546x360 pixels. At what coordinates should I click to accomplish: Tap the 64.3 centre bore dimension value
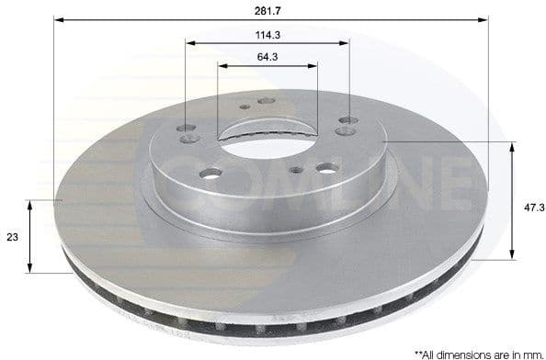[267, 57]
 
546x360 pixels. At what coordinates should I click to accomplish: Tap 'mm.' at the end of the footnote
[533, 352]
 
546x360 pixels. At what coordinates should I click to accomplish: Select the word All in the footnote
[434, 352]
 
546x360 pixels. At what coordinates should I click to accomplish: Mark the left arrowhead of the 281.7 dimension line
[57, 18]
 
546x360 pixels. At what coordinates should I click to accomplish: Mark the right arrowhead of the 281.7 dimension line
[484, 18]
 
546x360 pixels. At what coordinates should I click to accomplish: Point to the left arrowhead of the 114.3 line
[189, 42]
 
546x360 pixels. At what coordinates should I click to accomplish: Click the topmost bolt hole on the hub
[267, 101]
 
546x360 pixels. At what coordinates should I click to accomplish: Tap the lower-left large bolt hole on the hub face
[210, 174]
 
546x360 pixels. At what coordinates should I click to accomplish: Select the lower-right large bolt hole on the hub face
[326, 169]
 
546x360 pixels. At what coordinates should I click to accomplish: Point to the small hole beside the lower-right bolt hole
[296, 171]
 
